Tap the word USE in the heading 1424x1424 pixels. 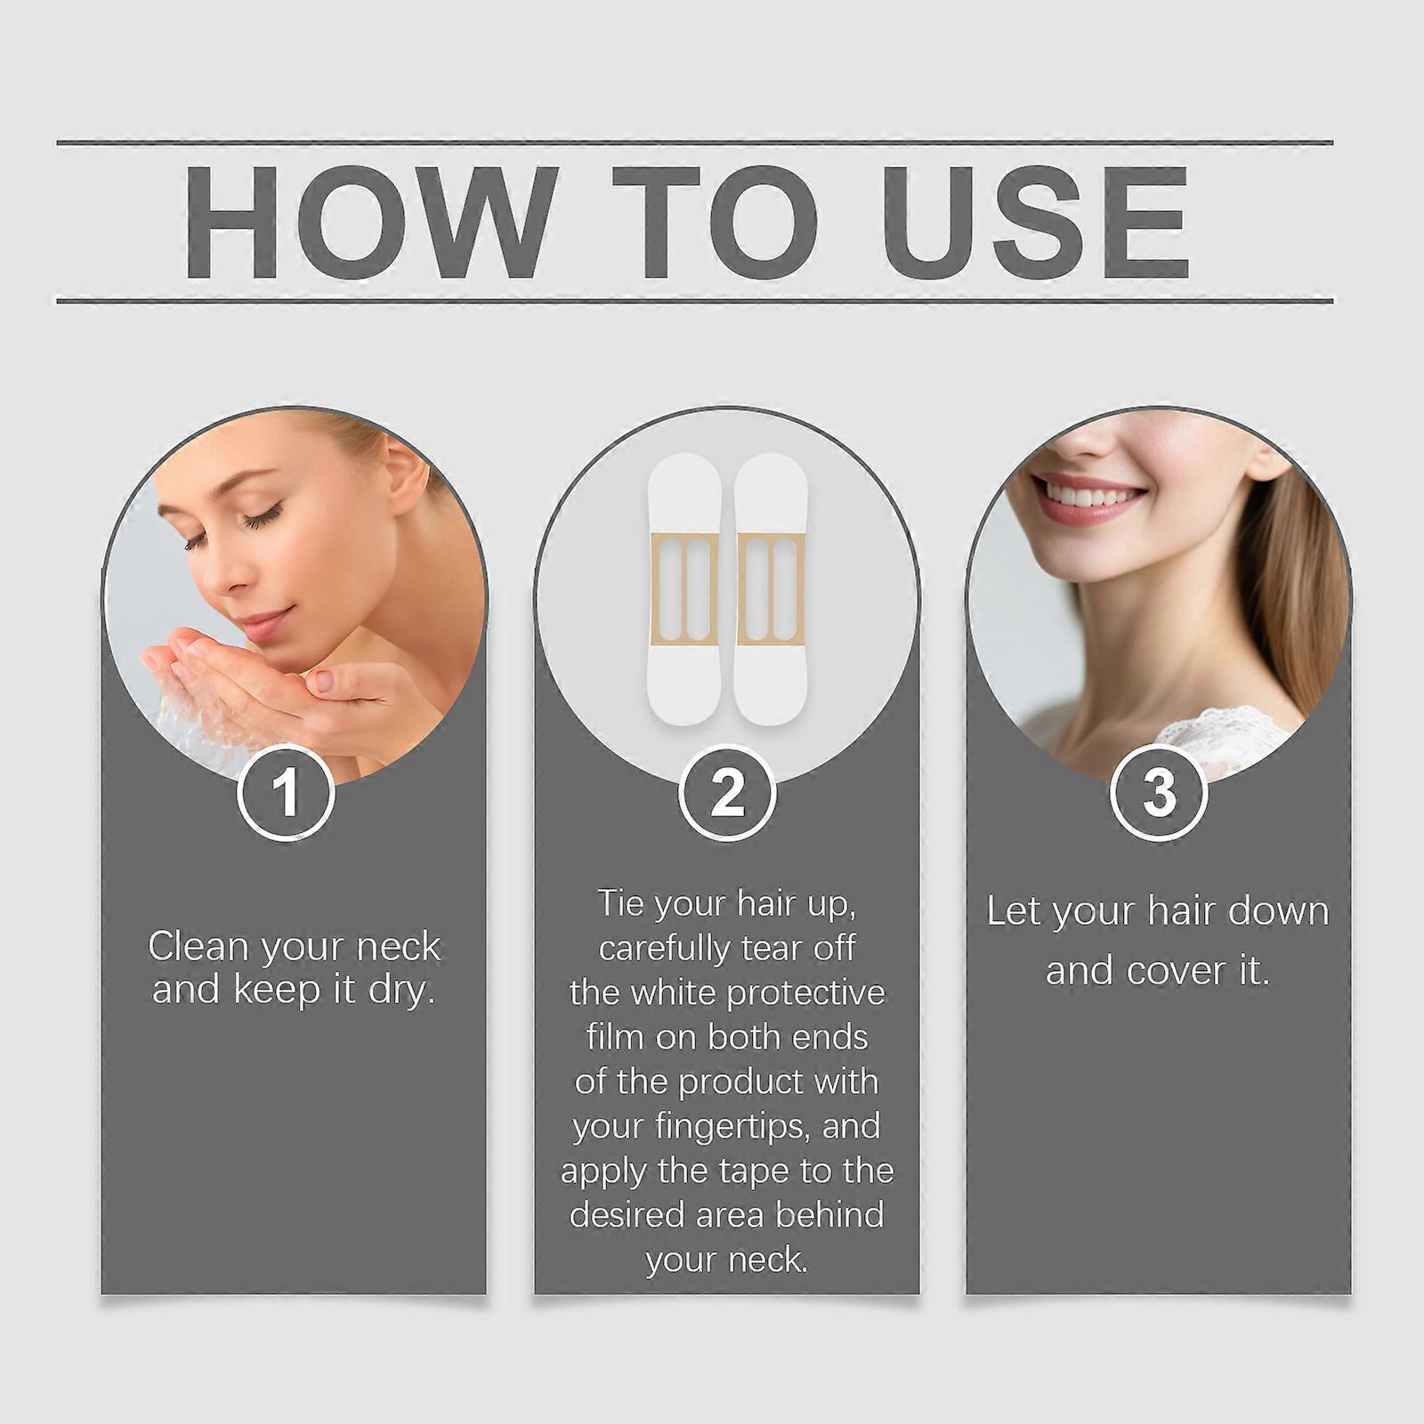click(1035, 222)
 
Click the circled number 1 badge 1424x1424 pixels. click(286, 791)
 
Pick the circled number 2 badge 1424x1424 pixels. click(726, 791)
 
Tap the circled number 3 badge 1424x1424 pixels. click(1159, 791)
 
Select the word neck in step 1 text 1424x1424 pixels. click(398, 947)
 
